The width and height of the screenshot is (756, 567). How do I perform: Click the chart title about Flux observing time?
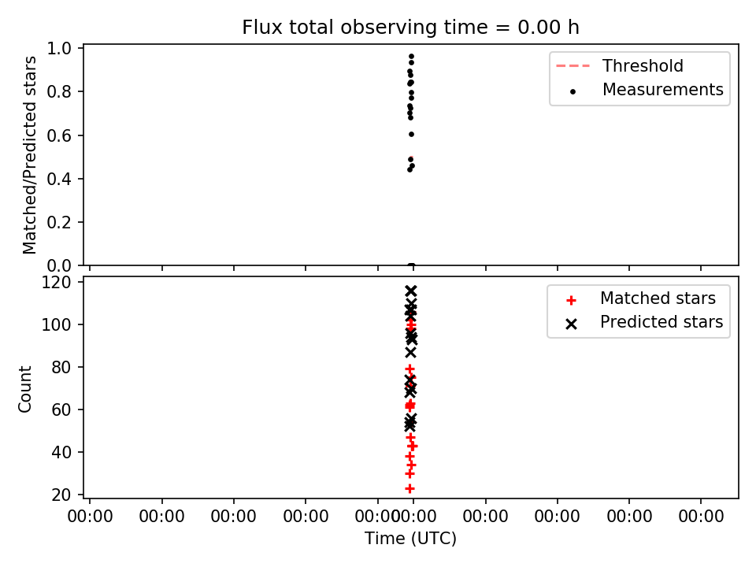click(410, 28)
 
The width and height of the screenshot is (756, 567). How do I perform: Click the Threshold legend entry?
click(620, 65)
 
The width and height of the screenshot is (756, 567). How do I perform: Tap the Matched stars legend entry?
click(640, 298)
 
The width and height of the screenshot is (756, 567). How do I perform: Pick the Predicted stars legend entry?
click(644, 322)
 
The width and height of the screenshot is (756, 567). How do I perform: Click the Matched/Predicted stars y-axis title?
click(29, 155)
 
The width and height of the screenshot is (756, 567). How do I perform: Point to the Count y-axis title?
click(24, 389)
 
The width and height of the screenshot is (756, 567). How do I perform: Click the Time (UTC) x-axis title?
click(410, 539)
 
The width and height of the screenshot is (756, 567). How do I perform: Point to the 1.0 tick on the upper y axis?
click(59, 48)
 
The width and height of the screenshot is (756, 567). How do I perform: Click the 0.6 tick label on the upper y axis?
click(59, 135)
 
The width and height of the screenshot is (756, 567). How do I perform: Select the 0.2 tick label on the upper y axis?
click(59, 222)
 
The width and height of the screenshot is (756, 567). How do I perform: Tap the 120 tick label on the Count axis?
click(56, 282)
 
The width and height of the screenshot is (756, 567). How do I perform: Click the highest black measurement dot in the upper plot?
click(411, 57)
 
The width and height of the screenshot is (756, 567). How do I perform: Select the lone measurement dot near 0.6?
click(411, 135)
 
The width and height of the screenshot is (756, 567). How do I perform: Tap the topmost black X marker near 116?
click(411, 291)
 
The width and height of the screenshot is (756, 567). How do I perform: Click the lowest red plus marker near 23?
click(409, 489)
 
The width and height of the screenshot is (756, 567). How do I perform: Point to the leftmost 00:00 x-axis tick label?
click(90, 517)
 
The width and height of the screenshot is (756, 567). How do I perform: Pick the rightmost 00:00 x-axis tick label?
click(701, 517)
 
